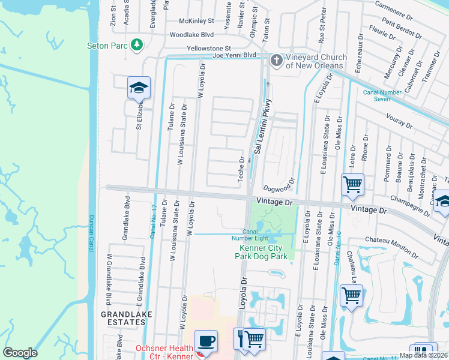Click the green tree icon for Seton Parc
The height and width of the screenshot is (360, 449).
[137, 44]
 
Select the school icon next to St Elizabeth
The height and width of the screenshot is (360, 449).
[139, 88]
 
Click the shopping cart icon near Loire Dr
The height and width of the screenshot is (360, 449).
[352, 184]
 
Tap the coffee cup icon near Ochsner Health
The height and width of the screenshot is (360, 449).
[206, 340]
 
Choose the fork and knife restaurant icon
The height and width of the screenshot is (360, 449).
[241, 339]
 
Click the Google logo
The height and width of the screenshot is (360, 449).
[20, 353]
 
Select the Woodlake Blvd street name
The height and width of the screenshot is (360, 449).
[191, 35]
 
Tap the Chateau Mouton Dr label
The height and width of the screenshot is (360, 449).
[390, 240]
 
